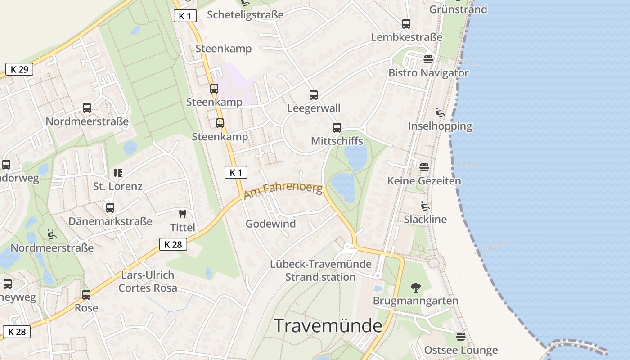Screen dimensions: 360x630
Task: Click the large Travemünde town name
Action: coord(328,325)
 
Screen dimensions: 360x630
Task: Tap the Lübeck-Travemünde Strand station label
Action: coord(320,270)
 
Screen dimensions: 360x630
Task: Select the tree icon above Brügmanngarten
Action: coord(415,287)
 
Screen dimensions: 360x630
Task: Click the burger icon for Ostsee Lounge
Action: coord(460,336)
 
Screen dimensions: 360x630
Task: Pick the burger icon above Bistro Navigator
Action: coord(428,59)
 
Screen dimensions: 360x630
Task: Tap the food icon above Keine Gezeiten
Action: coord(424,167)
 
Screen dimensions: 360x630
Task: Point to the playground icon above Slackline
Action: coord(425,206)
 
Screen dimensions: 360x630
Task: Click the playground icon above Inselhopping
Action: coord(440,112)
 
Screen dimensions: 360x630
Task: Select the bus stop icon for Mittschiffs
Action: coord(337,127)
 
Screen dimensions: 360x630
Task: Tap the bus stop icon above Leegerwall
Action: coord(314,95)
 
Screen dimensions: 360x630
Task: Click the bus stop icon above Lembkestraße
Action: coord(406,23)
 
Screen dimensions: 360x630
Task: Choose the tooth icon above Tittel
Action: coord(183,214)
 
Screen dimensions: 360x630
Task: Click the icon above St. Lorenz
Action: coord(118,173)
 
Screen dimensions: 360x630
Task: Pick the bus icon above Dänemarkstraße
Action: coord(110,208)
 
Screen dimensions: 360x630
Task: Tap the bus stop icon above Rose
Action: coord(86,295)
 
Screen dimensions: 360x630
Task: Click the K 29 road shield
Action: coord(19,69)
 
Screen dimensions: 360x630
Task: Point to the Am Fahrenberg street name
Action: coord(283,190)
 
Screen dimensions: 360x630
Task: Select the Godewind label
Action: coord(270,224)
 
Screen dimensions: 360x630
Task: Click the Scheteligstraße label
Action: coord(245,15)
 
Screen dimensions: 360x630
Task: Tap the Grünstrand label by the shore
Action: coord(458,9)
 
